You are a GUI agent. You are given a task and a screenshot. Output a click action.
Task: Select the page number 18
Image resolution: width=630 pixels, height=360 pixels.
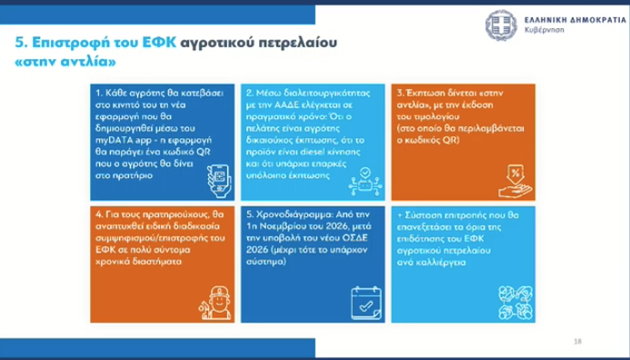pyautogui.click(x=577, y=341)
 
